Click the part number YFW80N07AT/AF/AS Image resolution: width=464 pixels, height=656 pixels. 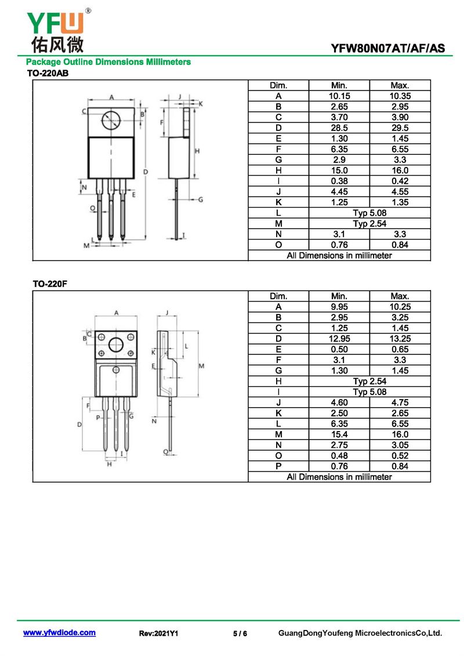click(388, 49)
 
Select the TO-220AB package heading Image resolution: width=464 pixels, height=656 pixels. click(48, 73)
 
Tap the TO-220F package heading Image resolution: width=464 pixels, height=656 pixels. click(49, 284)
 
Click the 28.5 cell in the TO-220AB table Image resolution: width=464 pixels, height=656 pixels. click(339, 128)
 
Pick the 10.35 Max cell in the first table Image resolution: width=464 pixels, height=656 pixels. click(400, 96)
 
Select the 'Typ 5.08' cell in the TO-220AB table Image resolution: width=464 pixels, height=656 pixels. click(369, 213)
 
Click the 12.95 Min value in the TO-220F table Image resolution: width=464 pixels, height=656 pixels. click(339, 339)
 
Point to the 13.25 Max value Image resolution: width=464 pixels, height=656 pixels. click(400, 339)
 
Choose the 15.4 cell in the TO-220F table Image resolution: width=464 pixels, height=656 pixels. click(339, 434)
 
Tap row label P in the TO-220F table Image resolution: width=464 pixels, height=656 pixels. click(278, 466)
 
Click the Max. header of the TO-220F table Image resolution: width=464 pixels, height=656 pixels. click(400, 296)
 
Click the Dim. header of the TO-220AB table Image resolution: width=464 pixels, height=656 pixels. click(278, 85)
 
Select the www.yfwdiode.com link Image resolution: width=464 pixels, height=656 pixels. click(59, 633)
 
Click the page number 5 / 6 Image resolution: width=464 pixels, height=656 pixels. click(240, 633)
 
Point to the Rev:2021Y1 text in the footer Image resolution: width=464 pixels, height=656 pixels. click(158, 633)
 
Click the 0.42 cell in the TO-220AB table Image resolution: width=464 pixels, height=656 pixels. click(400, 181)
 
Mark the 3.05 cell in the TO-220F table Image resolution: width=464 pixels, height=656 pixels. click(400, 445)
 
